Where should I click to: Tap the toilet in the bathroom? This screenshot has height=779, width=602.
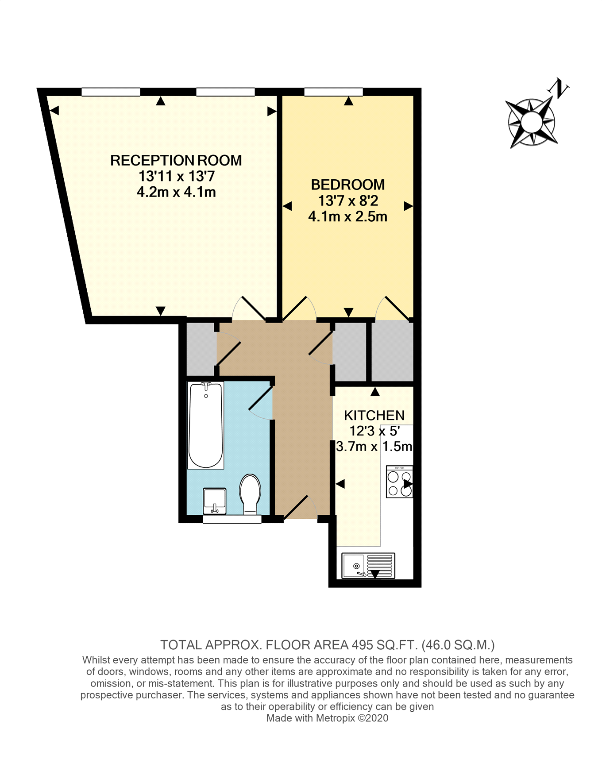point(250,493)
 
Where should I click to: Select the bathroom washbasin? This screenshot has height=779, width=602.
point(215,501)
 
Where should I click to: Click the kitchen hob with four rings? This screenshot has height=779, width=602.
point(399,482)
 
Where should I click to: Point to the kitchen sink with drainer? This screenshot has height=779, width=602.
point(368,566)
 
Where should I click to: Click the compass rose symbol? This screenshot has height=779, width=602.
point(531,122)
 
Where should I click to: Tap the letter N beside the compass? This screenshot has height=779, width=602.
point(559,88)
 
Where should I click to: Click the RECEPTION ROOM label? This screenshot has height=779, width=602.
point(176,160)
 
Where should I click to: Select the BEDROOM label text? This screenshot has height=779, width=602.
point(347,185)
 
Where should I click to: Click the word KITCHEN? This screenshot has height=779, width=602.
point(374,415)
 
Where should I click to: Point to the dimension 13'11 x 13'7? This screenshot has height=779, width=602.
point(176,176)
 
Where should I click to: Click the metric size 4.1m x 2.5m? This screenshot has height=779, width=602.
point(347,216)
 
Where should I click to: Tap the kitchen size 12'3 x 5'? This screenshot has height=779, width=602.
point(374,431)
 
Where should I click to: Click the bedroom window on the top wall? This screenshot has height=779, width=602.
point(333,92)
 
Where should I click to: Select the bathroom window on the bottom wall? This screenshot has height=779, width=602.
point(232,520)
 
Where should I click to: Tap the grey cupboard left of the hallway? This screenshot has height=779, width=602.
point(201,349)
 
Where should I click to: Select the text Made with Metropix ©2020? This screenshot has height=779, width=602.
point(327,718)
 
